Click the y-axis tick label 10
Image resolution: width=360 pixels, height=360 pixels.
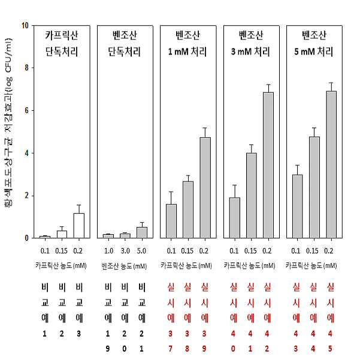point(25,25)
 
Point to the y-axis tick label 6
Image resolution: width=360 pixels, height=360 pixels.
point(26,110)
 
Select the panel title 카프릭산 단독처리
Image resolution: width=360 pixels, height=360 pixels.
point(62,43)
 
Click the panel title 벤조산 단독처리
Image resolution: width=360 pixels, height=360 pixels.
point(125,43)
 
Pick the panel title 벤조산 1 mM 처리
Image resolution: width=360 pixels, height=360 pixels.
point(187,43)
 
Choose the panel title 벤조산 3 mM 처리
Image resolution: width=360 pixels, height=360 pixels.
point(251,43)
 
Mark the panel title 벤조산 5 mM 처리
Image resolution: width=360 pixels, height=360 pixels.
point(314,43)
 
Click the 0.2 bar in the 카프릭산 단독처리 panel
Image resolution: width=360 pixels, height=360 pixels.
point(78,226)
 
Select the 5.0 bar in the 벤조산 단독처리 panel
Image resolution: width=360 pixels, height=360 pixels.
point(142,232)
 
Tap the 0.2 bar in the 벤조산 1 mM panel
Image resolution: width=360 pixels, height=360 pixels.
point(205,187)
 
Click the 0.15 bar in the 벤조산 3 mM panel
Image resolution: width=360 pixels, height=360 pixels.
point(252,195)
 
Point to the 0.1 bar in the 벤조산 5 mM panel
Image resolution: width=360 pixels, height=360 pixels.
point(297,206)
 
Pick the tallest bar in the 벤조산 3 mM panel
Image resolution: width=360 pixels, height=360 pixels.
point(268,165)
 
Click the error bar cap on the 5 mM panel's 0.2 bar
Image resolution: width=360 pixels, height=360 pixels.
point(331,83)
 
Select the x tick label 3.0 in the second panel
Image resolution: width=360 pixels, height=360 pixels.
point(125,251)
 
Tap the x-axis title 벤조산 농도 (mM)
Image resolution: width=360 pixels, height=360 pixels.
point(124,266)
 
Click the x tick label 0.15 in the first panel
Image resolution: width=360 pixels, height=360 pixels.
point(61,251)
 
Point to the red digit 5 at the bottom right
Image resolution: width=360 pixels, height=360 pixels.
point(330,349)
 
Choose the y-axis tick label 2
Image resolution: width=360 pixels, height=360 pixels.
point(26,196)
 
